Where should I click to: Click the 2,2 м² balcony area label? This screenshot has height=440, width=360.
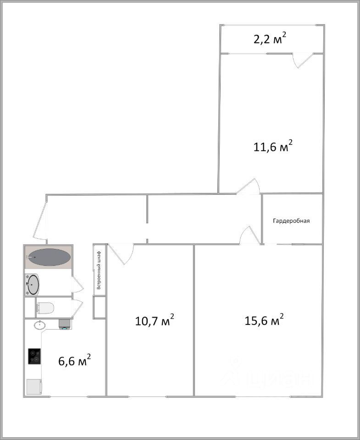271,39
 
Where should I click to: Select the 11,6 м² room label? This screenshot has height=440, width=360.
273,147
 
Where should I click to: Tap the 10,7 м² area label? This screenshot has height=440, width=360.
155,320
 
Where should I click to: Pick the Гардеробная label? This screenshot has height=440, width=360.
291,221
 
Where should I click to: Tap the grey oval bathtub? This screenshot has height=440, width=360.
49,258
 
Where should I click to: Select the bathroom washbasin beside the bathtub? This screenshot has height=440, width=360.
33,285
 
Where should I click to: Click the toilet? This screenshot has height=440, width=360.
45,308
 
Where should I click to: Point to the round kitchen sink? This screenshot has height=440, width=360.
40,325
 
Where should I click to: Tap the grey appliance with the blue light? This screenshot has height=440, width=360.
65,324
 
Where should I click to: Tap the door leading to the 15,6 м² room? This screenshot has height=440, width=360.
249,235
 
